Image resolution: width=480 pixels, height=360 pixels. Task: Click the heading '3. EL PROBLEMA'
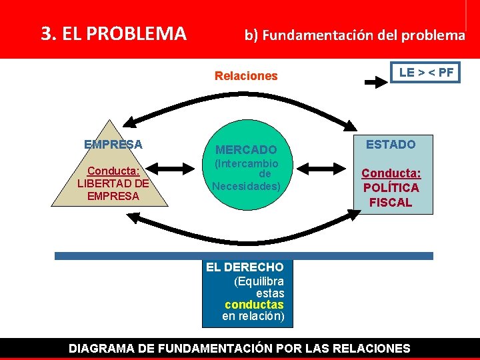click(x=113, y=33)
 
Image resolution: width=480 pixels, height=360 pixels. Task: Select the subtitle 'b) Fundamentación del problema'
click(x=354, y=35)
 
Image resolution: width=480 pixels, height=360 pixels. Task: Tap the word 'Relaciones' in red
click(x=246, y=76)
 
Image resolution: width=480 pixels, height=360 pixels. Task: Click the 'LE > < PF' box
click(x=425, y=73)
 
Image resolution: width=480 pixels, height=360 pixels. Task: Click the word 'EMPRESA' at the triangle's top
click(x=113, y=144)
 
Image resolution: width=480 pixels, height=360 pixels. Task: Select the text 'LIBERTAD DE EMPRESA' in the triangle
click(x=113, y=189)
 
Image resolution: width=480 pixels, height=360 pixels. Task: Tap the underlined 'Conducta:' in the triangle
click(x=113, y=171)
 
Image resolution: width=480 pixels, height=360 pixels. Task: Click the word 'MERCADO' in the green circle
click(x=246, y=150)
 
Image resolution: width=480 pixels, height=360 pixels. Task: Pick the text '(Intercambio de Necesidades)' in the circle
click(x=246, y=175)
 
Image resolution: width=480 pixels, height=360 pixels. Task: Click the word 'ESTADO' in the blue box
click(x=391, y=144)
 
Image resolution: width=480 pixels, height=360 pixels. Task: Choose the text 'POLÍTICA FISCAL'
click(x=391, y=195)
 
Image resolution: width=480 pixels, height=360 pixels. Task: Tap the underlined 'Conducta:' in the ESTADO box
click(x=391, y=173)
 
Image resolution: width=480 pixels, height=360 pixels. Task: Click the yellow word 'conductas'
click(x=254, y=305)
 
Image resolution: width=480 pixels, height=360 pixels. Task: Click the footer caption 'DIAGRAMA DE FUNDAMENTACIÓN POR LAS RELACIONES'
click(x=240, y=348)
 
